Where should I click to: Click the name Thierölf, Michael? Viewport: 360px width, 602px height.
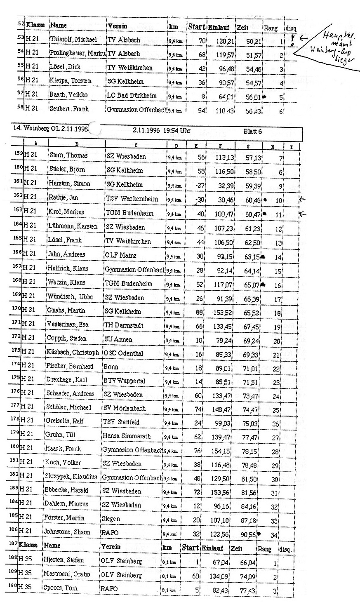click(x=73, y=40)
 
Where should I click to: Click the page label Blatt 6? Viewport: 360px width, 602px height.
click(x=252, y=132)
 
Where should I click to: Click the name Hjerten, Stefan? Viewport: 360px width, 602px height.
click(x=64, y=560)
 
